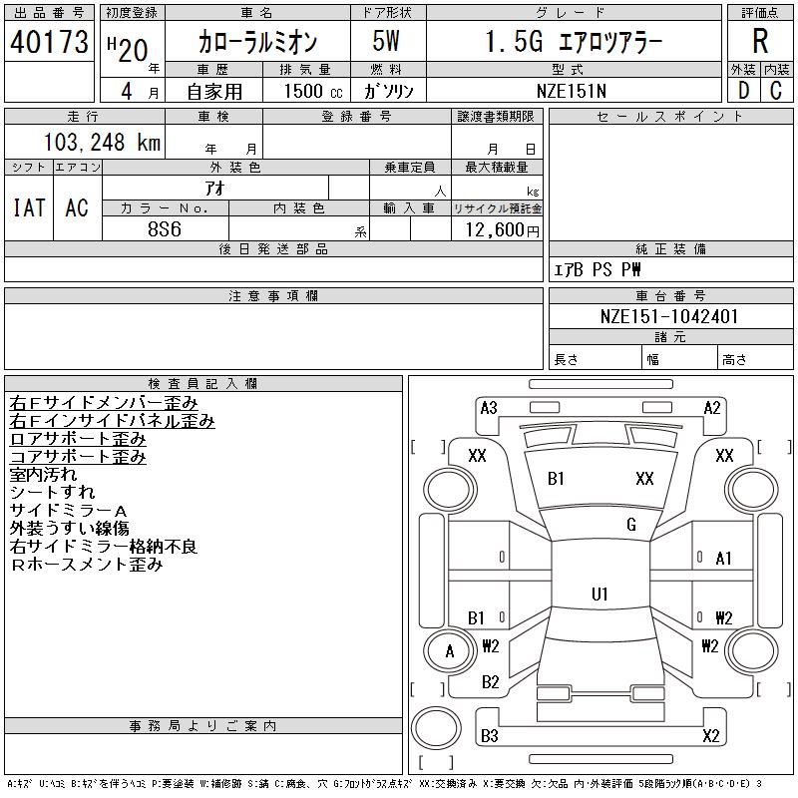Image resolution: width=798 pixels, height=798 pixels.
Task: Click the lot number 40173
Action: (x=49, y=42)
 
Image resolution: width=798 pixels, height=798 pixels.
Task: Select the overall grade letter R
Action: (x=760, y=42)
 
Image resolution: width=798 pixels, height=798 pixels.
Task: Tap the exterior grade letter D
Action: (x=743, y=90)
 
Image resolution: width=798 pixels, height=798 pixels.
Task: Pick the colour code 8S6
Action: (x=165, y=228)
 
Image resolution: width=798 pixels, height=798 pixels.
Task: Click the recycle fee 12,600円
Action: (x=496, y=229)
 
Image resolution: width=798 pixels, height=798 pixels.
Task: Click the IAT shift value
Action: (x=29, y=207)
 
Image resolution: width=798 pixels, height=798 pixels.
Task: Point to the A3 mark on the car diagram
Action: (x=489, y=407)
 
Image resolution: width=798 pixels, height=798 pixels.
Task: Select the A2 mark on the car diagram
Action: (x=712, y=407)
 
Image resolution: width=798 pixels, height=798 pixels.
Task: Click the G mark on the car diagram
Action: (x=631, y=525)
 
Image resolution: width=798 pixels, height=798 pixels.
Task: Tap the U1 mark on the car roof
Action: (x=599, y=595)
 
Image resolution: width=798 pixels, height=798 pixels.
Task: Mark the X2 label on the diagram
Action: (x=711, y=737)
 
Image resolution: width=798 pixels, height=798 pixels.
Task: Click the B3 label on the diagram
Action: (x=489, y=737)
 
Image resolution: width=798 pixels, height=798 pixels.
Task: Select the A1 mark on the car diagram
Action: (x=724, y=559)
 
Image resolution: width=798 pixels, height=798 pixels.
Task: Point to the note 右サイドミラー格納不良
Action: (x=104, y=547)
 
